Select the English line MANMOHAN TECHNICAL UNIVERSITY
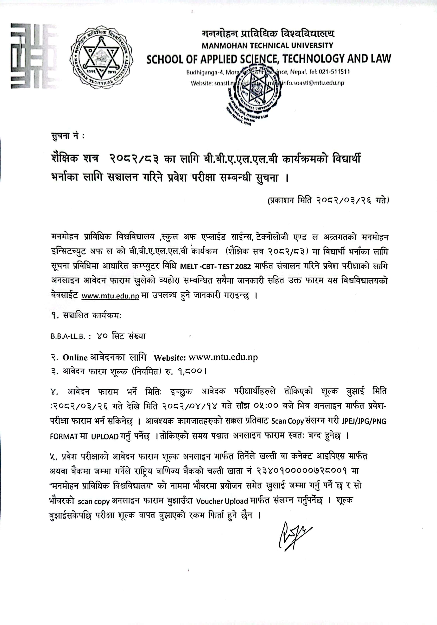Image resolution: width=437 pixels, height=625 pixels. (x=267, y=45)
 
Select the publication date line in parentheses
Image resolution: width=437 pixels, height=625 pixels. (x=328, y=201)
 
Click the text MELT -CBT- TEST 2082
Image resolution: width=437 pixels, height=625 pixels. (x=215, y=267)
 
